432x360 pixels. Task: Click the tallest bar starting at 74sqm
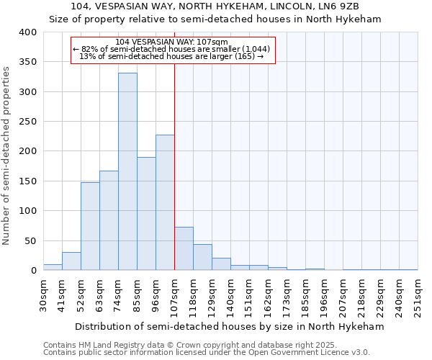[127, 171]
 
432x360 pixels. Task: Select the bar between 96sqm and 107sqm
[165, 202]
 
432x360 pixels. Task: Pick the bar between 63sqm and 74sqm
[109, 220]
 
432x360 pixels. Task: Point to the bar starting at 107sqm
[184, 248]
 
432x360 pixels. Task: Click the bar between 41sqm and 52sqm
[71, 261]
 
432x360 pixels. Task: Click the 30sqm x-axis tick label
[43, 294]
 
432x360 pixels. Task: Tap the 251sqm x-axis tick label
[418, 294]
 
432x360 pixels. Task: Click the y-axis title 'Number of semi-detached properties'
[7, 156]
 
